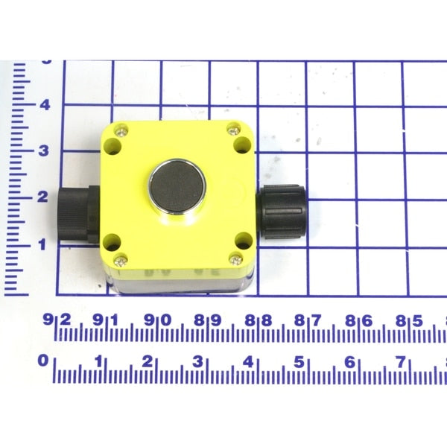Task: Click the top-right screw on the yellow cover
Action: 234,130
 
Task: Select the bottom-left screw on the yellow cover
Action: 120,260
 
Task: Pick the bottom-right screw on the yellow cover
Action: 236,260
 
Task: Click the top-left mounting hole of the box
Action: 113,146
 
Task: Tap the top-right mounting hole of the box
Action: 242,145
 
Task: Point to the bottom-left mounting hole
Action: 112,242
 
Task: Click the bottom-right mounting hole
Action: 244,241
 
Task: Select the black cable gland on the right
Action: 281,212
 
